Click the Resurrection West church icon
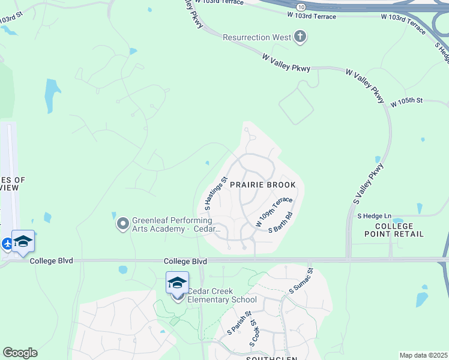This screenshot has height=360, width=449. (x=300, y=37)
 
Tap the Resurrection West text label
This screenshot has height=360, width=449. (x=257, y=37)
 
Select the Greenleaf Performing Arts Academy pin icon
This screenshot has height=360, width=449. (x=123, y=224)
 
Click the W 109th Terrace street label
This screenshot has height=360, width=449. (x=274, y=211)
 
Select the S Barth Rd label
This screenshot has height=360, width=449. (x=280, y=222)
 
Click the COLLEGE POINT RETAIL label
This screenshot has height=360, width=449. (x=399, y=230)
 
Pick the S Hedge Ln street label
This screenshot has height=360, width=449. (x=374, y=215)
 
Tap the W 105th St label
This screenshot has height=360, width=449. (x=406, y=103)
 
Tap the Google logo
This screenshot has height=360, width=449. (x=20, y=353)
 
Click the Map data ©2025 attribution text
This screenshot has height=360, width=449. (x=423, y=355)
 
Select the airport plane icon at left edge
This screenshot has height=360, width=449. (x=7, y=244)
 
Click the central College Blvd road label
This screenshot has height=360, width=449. (x=185, y=262)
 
